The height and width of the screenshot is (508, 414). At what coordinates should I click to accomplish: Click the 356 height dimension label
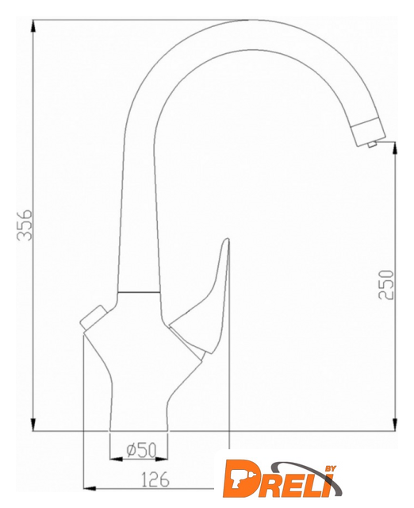click(25, 225)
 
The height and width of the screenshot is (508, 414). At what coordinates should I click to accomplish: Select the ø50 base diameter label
click(141, 450)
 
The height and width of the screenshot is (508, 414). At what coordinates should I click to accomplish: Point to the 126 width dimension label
click(155, 479)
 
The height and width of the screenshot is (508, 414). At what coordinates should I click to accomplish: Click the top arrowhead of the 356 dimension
click(33, 26)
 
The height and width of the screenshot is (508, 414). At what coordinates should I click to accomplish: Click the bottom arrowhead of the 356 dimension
click(33, 425)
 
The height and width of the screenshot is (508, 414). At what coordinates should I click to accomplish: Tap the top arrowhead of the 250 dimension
click(395, 148)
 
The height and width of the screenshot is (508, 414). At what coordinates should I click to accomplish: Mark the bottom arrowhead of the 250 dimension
click(395, 425)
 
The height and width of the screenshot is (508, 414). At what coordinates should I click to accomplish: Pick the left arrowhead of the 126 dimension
click(90, 488)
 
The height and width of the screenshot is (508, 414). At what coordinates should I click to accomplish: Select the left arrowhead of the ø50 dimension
click(117, 460)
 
